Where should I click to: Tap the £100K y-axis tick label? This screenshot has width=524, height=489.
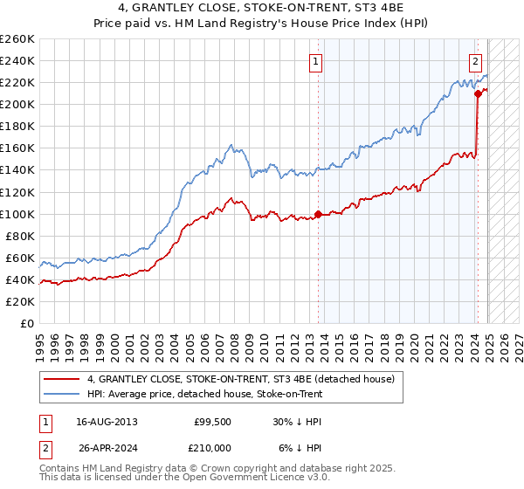click(17, 214)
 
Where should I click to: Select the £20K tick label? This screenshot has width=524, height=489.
click(20, 301)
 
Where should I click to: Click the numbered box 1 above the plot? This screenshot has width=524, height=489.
click(314, 61)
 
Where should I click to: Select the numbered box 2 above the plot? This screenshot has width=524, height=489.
click(475, 61)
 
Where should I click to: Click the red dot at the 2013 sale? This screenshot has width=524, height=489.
click(318, 214)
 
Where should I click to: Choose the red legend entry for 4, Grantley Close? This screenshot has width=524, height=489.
click(241, 379)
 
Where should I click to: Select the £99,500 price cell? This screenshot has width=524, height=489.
click(211, 422)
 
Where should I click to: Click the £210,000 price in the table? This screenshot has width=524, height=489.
click(211, 447)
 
